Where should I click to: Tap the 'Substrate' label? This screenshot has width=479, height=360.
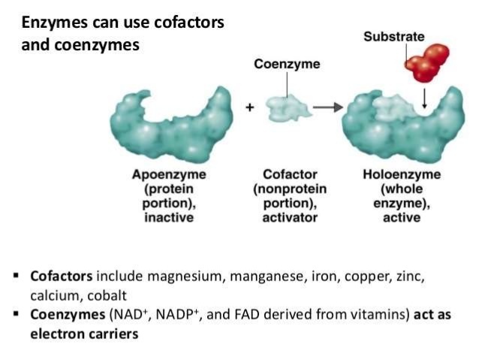[x=394, y=36]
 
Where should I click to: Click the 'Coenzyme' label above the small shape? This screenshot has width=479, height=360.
[x=287, y=64]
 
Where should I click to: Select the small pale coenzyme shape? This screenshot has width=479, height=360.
[x=288, y=107]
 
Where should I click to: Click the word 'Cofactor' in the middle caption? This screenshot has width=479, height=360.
[x=287, y=174]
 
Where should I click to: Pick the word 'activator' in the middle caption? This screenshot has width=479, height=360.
[x=287, y=217]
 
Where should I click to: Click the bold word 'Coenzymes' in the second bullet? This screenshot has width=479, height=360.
[x=65, y=315]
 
